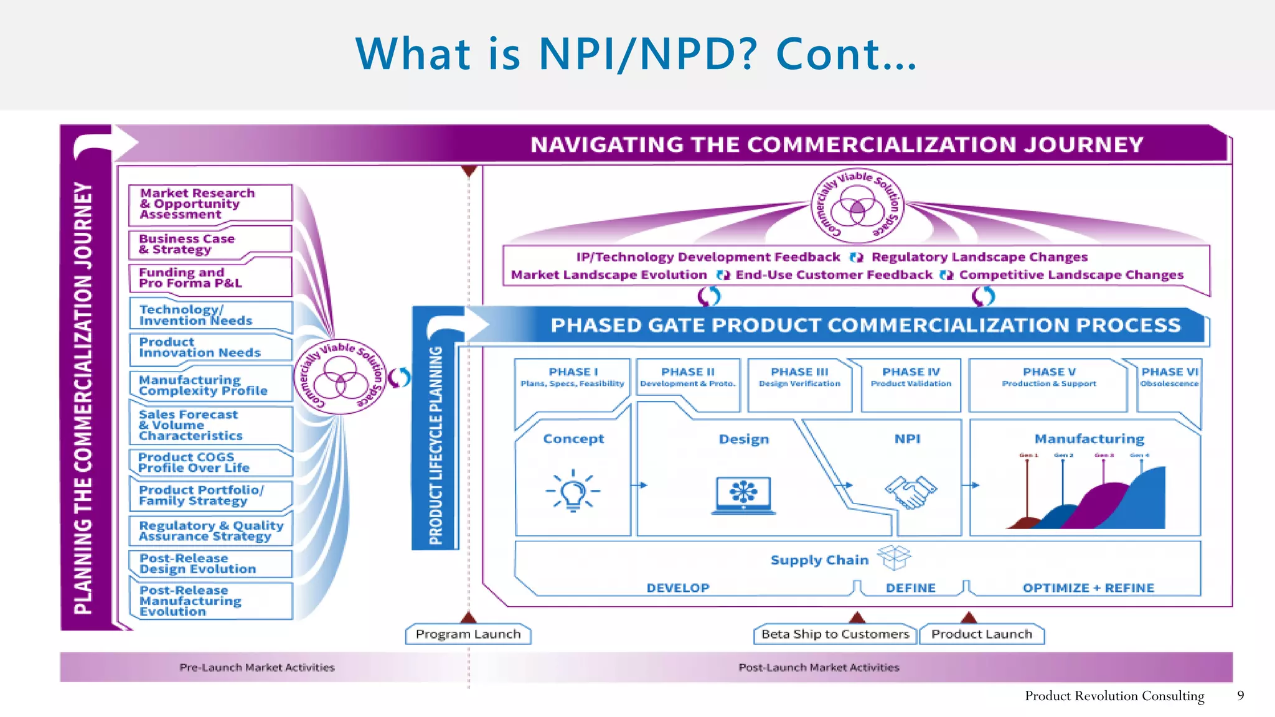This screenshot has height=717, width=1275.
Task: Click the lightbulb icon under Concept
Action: (x=573, y=491)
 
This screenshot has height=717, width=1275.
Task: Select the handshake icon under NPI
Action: (x=910, y=492)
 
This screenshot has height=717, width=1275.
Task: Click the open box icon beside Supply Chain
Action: (x=894, y=557)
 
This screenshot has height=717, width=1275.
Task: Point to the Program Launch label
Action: (x=468, y=634)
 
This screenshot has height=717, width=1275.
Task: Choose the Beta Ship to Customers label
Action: (x=835, y=634)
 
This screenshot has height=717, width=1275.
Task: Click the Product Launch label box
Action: (x=981, y=634)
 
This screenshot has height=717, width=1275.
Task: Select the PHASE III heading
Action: (x=799, y=372)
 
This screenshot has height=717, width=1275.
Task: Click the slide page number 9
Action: (x=1240, y=695)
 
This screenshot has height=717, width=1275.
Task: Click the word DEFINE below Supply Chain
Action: (x=910, y=588)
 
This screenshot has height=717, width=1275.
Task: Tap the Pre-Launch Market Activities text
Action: (x=256, y=667)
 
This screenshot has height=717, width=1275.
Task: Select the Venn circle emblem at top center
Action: (x=857, y=206)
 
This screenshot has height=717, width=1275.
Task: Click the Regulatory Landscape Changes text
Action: (x=979, y=257)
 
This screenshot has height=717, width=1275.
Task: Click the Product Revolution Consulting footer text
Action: (x=1114, y=696)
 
